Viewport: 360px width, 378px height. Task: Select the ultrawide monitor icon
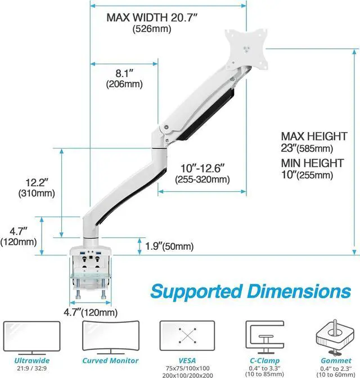31,336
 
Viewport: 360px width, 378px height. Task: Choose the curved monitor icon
110,336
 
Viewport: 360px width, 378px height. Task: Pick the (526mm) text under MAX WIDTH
148,29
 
